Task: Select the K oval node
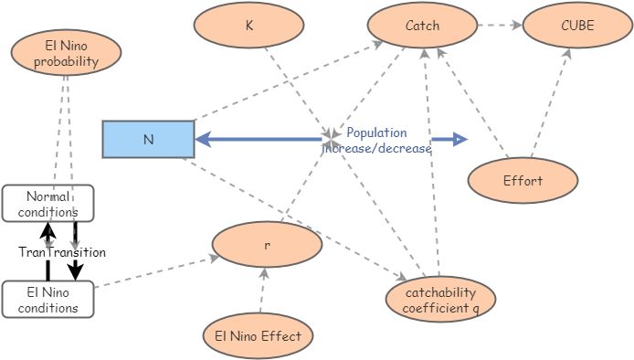(248, 26)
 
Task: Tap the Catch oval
(422, 26)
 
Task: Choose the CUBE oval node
(576, 26)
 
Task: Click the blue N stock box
(148, 140)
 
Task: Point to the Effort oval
(523, 180)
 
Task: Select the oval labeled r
(267, 246)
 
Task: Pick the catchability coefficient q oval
(440, 299)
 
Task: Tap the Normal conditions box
(48, 203)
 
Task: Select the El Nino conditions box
(48, 300)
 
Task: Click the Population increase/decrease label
(377, 140)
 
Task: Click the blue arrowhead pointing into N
(205, 140)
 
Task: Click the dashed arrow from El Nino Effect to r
(262, 292)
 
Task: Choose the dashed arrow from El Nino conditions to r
(155, 273)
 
